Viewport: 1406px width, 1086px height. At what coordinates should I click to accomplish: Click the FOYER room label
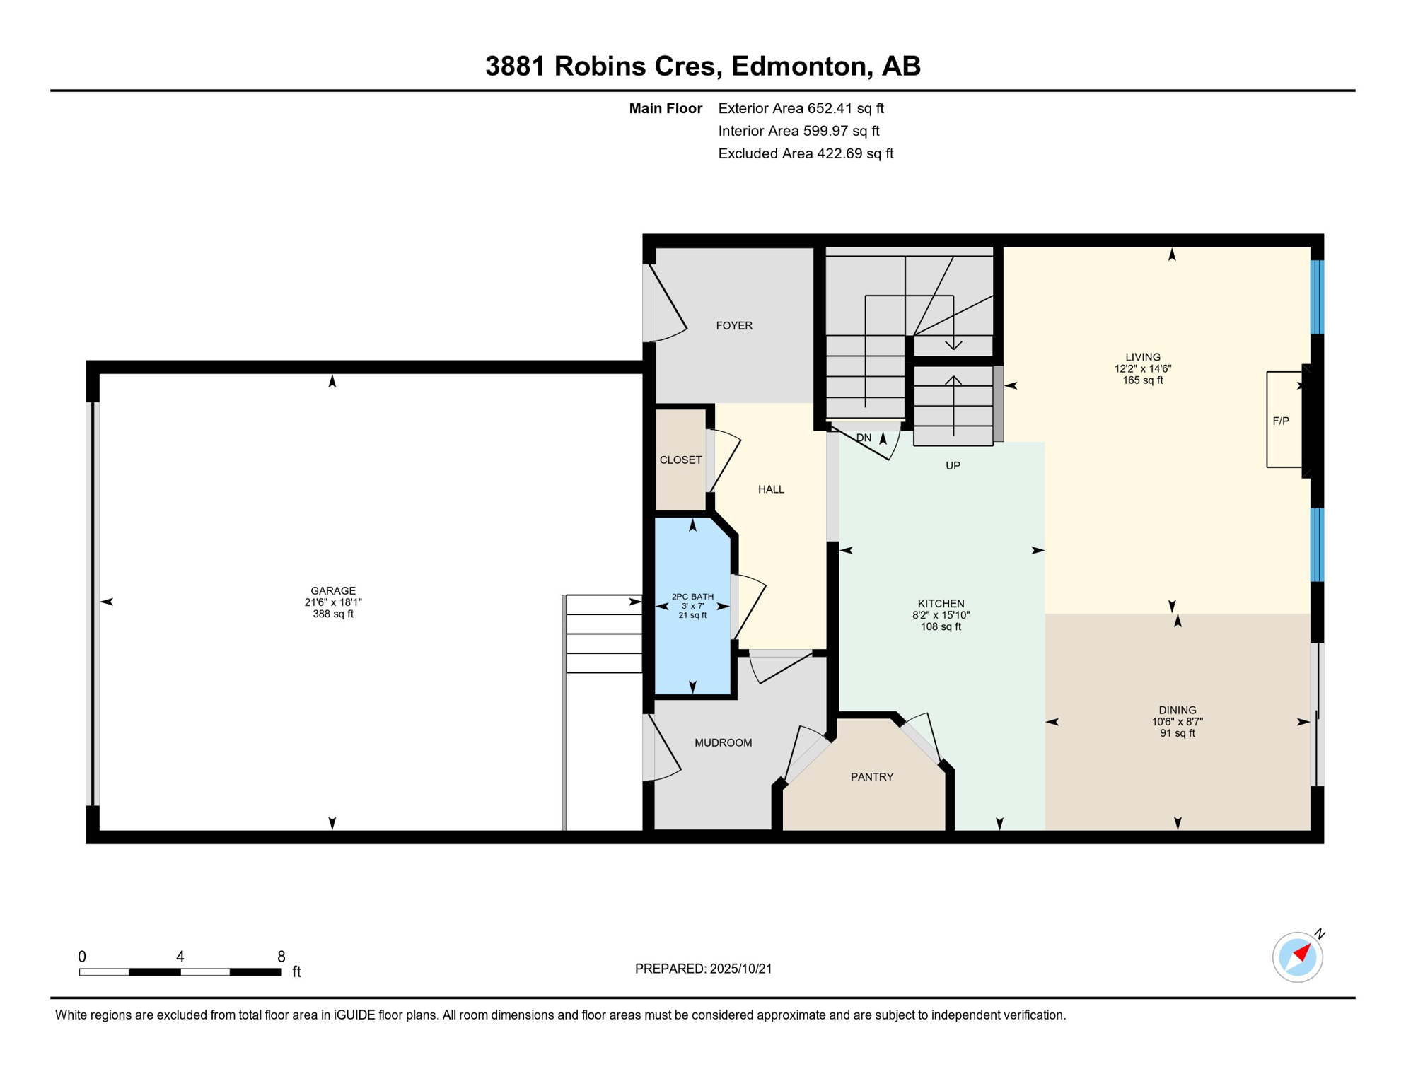point(734,326)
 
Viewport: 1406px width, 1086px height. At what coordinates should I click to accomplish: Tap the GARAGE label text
point(333,591)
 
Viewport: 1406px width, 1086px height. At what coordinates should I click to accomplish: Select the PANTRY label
point(872,777)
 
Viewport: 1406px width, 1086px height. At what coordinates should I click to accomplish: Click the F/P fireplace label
point(1281,421)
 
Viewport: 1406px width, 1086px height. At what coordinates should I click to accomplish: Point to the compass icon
point(1298,957)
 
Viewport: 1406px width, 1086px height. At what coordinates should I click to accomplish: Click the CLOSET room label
point(680,460)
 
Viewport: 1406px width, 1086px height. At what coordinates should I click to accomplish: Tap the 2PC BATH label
point(692,597)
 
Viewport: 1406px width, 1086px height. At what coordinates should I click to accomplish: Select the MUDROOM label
point(723,743)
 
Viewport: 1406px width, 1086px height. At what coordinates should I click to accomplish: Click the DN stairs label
point(864,438)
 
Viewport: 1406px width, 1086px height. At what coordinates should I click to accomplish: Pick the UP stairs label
point(953,466)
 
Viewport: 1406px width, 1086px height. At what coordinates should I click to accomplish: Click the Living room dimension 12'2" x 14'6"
point(1143,369)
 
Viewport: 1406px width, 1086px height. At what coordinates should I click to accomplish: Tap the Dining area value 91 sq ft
point(1178,734)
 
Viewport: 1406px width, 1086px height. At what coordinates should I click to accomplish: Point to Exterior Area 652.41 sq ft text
point(801,109)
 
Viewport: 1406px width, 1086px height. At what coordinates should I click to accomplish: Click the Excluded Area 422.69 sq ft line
point(806,154)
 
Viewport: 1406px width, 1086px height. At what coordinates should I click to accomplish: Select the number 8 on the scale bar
point(281,957)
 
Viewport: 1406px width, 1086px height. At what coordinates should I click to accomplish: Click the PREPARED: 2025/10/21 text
point(703,969)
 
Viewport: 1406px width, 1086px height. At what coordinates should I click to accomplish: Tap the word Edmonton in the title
point(798,66)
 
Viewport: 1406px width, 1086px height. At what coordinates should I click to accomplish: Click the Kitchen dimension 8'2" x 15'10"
point(941,616)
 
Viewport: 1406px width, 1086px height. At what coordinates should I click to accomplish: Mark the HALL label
point(771,490)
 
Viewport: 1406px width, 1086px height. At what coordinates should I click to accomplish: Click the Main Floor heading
point(666,109)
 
